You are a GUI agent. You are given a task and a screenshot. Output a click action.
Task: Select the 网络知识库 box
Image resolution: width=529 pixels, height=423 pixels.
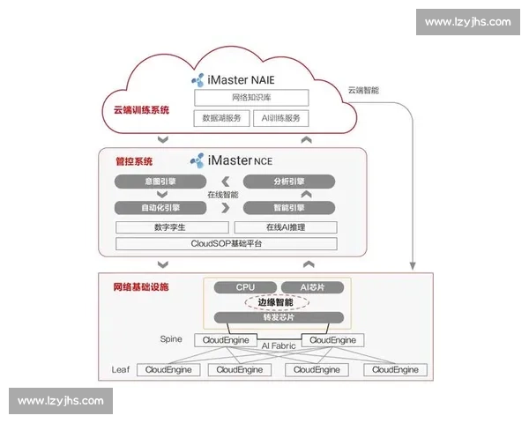coord(251,98)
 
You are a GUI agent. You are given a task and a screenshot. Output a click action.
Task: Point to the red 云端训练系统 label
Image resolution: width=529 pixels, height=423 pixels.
coord(141,110)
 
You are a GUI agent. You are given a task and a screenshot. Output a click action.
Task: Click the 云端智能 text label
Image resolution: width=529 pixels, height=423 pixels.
coord(362,90)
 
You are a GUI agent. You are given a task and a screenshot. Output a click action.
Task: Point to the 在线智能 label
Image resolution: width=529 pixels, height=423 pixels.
coord(222,194)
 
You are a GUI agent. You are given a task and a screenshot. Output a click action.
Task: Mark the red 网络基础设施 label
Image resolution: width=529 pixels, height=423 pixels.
coord(141,287)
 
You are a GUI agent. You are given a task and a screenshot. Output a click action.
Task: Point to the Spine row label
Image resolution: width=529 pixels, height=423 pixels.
coord(171,338)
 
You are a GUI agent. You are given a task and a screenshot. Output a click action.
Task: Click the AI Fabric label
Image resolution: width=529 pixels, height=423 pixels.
coord(279,345)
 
